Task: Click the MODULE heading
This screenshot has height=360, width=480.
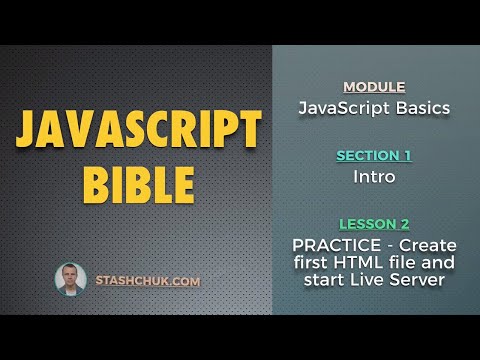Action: [x=373, y=87]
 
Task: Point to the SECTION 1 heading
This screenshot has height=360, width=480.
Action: [x=373, y=156]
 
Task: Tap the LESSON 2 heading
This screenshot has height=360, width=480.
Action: [x=373, y=224]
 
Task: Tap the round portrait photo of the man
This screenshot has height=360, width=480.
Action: [x=70, y=279]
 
